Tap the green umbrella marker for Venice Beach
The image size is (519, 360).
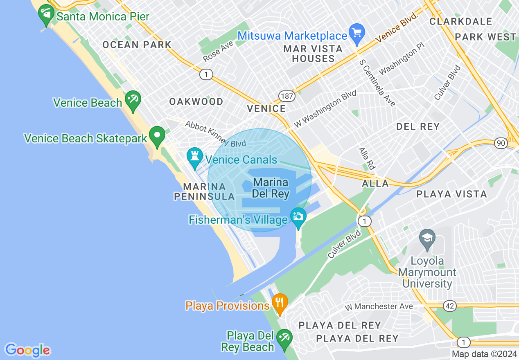(x=133, y=101)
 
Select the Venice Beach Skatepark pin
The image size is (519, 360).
(x=157, y=136)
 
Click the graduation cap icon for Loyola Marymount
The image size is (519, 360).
(x=427, y=239)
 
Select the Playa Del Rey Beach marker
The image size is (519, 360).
(x=284, y=339)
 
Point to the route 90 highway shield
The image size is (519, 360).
(x=501, y=143)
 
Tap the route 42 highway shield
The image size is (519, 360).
(x=449, y=306)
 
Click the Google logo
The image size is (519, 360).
(x=27, y=350)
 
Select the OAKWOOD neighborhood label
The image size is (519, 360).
(x=196, y=101)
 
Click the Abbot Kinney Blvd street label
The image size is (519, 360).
(x=215, y=134)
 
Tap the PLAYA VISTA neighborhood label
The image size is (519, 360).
(x=451, y=194)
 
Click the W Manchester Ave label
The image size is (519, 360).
(x=379, y=306)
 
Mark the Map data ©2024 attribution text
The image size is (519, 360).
(x=484, y=354)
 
